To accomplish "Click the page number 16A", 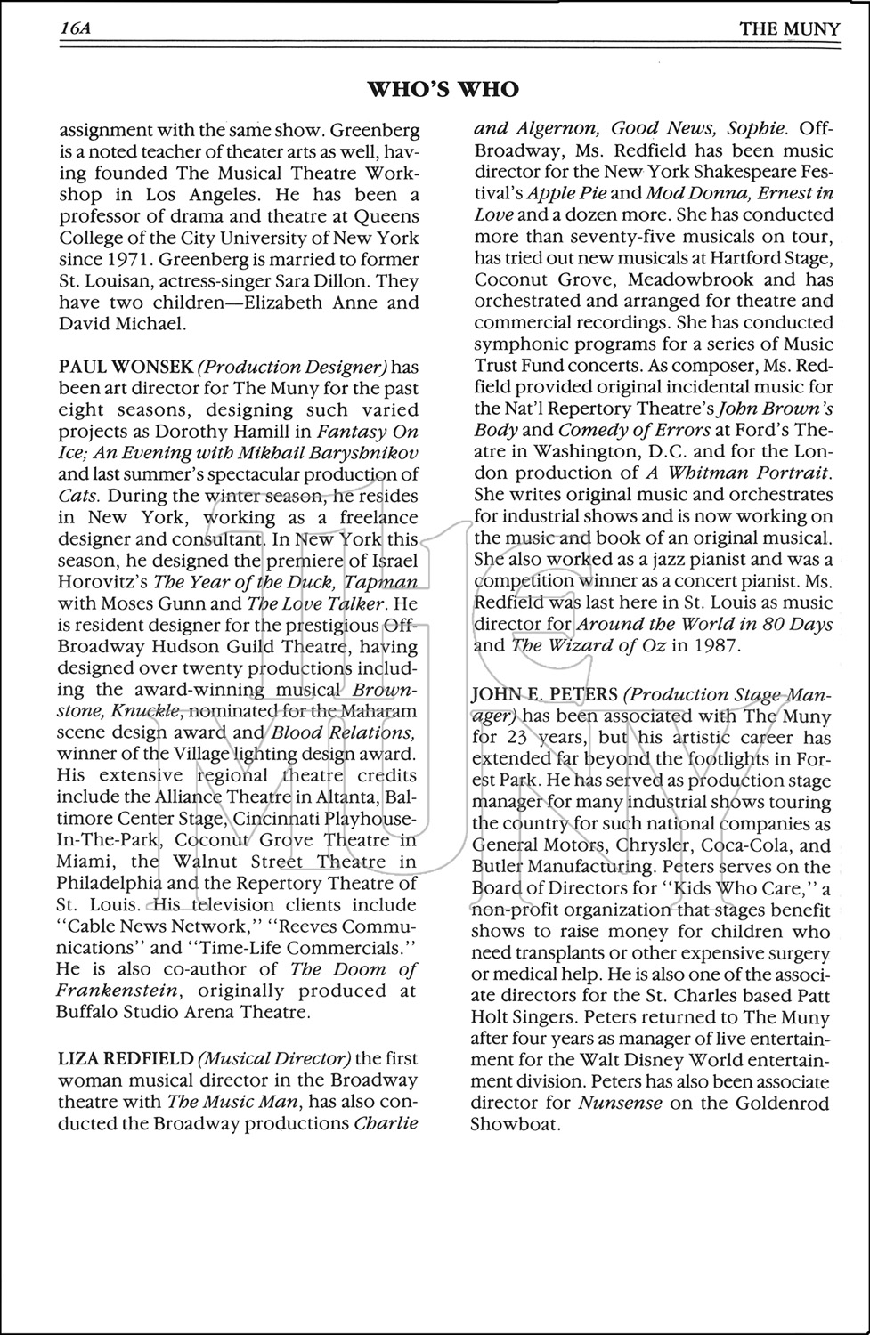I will tap(77, 28).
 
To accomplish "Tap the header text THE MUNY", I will tap(789, 29).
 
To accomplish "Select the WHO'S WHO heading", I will tap(443, 89).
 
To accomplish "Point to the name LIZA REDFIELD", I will tap(126, 1058).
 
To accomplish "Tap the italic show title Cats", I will tap(79, 496).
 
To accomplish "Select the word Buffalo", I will tap(91, 1012).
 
